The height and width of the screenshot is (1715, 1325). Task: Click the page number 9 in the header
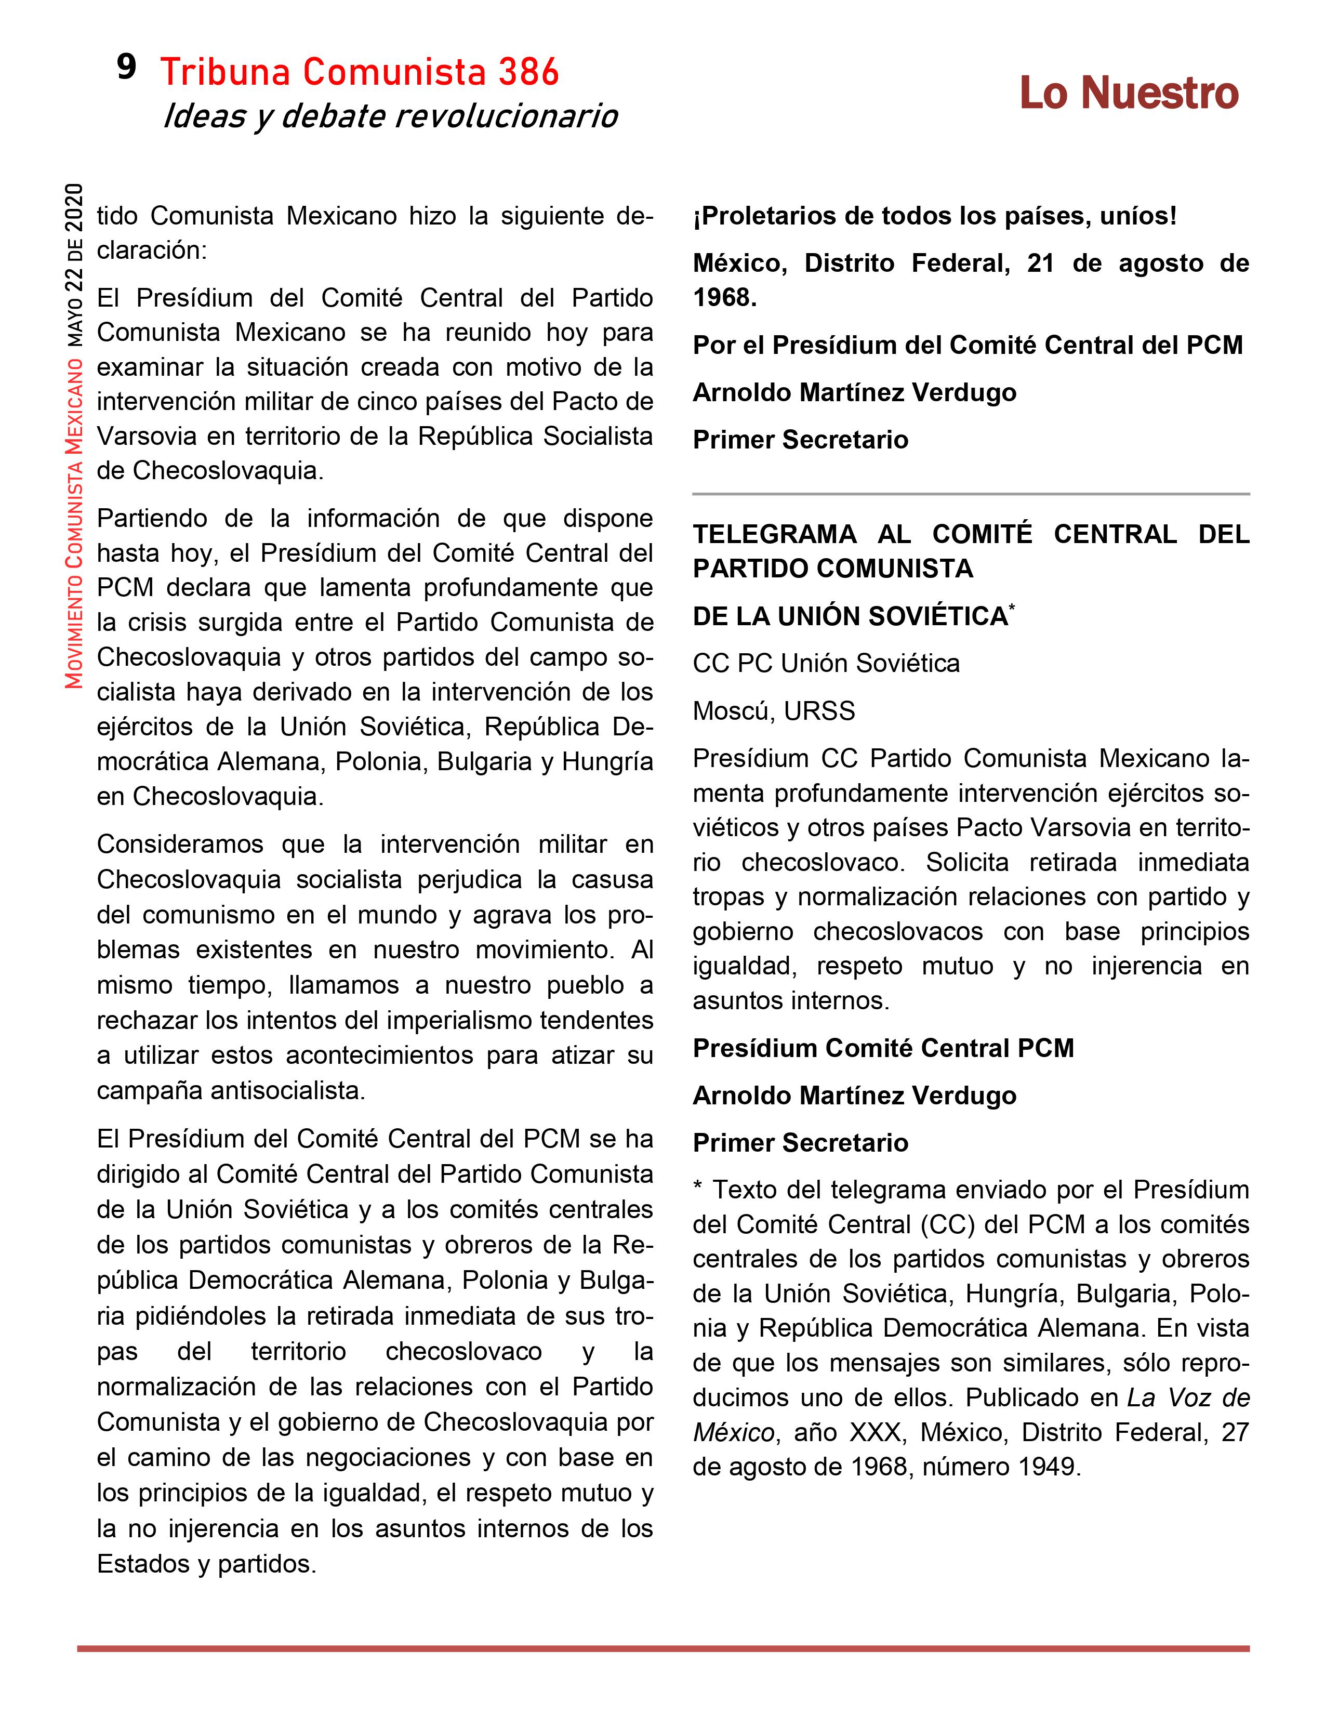[126, 68]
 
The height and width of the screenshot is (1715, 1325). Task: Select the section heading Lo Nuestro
[1129, 94]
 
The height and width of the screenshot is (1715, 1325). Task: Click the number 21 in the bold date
[1041, 263]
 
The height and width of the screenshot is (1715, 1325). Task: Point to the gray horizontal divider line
[970, 494]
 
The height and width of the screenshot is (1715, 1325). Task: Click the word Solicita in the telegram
[967, 862]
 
